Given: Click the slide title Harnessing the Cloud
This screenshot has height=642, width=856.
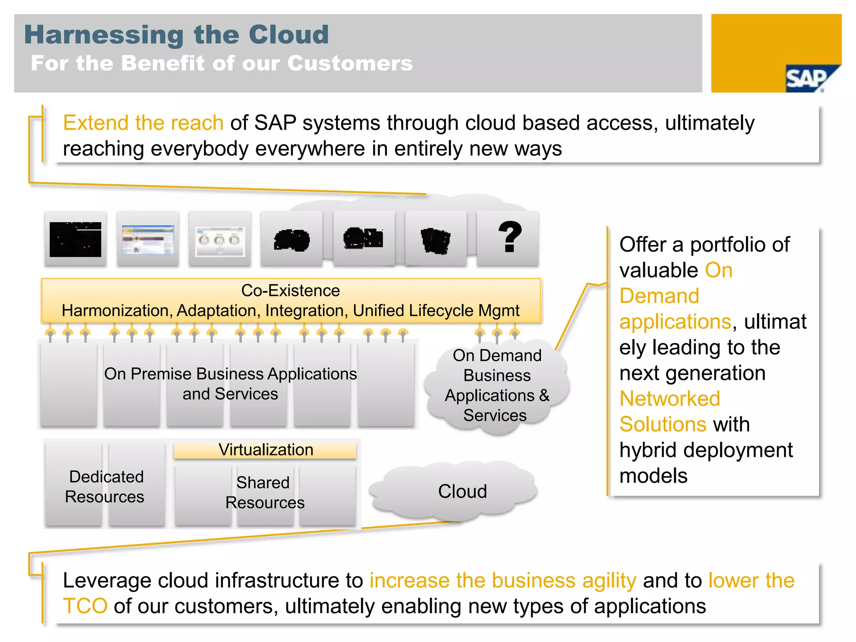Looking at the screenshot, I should pos(176,34).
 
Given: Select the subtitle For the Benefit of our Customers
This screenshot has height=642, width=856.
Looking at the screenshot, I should pos(222,64).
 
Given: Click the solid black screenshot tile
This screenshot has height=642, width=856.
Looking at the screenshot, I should pos(75,239).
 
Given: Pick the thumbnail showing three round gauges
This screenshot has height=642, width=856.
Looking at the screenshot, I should pos(220,241).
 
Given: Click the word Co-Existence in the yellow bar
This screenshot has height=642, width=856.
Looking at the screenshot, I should pos(290,290).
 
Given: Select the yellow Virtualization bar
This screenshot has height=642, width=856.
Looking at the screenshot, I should pos(265,450).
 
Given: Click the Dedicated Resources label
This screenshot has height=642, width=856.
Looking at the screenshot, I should pos(105,487).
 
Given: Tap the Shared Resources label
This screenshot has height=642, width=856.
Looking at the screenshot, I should pos(265,492).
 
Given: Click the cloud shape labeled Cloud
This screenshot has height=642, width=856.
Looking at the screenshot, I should pos(462,491).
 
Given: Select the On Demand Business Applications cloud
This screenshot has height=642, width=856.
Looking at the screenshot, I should pos(497,385).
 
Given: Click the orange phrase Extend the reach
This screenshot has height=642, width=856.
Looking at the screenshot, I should pos(143,123).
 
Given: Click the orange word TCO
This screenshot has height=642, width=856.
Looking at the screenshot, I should pos(85,606).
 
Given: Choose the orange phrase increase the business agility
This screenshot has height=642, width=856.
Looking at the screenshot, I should pos(502,581).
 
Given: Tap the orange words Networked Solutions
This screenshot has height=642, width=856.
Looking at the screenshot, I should pos(670,411).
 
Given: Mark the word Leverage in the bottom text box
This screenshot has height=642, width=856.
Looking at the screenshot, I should pos(106,581).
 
